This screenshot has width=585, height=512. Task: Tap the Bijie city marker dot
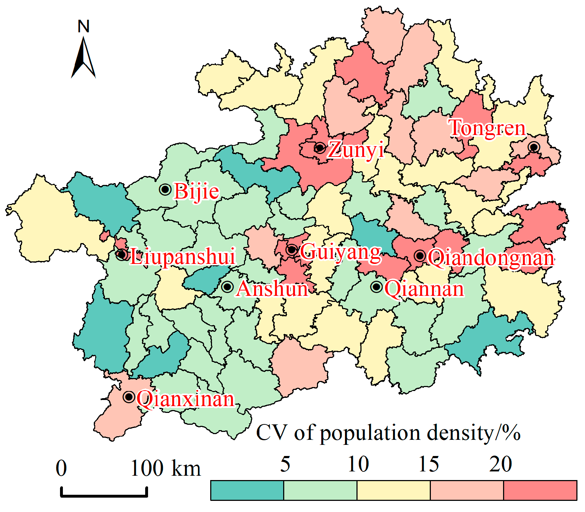pyautogui.click(x=165, y=189)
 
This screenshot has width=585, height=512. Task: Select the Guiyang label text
pyautogui.click(x=340, y=252)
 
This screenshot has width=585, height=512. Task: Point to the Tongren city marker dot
pyautogui.click(x=534, y=147)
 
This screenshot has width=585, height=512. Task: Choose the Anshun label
pyautogui.click(x=272, y=289)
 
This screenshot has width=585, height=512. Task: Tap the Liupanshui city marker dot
pyautogui.click(x=122, y=255)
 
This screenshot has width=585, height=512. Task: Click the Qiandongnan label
pyautogui.click(x=490, y=258)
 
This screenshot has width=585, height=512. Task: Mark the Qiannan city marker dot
pyautogui.click(x=377, y=287)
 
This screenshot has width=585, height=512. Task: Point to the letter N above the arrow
pyautogui.click(x=83, y=27)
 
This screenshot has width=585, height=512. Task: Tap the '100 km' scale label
pyautogui.click(x=166, y=469)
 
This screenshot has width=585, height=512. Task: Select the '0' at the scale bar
pyautogui.click(x=61, y=469)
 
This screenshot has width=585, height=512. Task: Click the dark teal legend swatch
pyautogui.click(x=247, y=490)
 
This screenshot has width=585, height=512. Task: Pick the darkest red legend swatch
pyautogui.click(x=540, y=490)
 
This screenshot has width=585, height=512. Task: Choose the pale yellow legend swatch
pyautogui.click(x=393, y=490)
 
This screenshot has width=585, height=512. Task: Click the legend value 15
pyautogui.click(x=429, y=464)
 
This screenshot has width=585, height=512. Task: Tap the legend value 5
pyautogui.click(x=285, y=464)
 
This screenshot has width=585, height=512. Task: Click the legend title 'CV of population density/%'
pyautogui.click(x=388, y=433)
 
